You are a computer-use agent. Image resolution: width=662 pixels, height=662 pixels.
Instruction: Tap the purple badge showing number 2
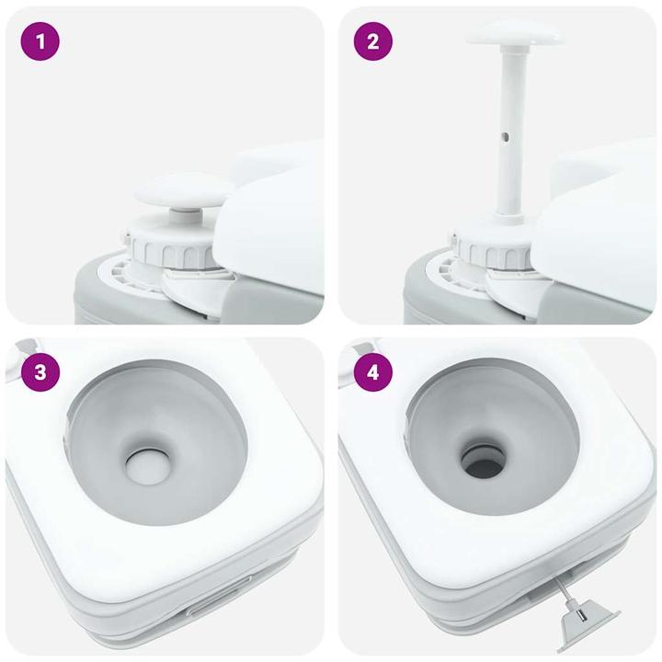click(372, 42)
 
